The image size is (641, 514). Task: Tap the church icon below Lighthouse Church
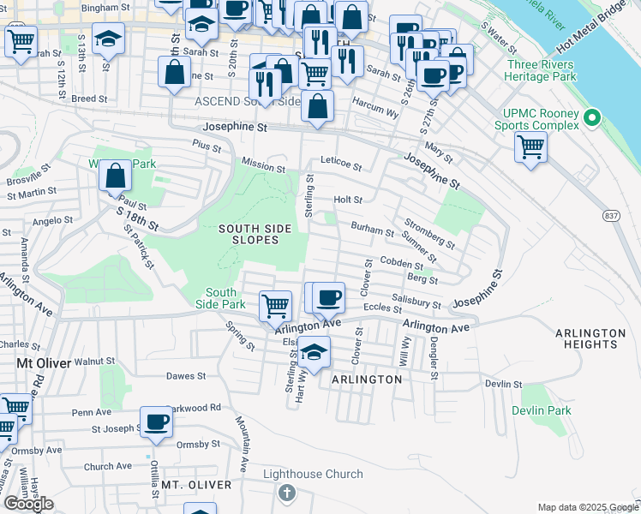point(287,493)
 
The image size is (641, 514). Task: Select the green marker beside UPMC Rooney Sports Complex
point(590,117)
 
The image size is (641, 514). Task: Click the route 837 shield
point(611,214)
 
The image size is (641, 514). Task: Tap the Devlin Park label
point(541,410)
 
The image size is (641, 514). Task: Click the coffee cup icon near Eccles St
point(327,297)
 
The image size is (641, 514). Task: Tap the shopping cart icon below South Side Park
point(275,304)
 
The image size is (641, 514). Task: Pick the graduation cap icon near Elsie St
point(315,352)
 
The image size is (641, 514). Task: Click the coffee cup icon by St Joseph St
point(156,421)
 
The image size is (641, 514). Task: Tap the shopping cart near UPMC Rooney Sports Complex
point(530,146)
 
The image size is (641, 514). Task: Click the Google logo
point(27,504)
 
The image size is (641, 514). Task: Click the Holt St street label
point(348,200)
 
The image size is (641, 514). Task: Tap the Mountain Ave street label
point(243,445)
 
